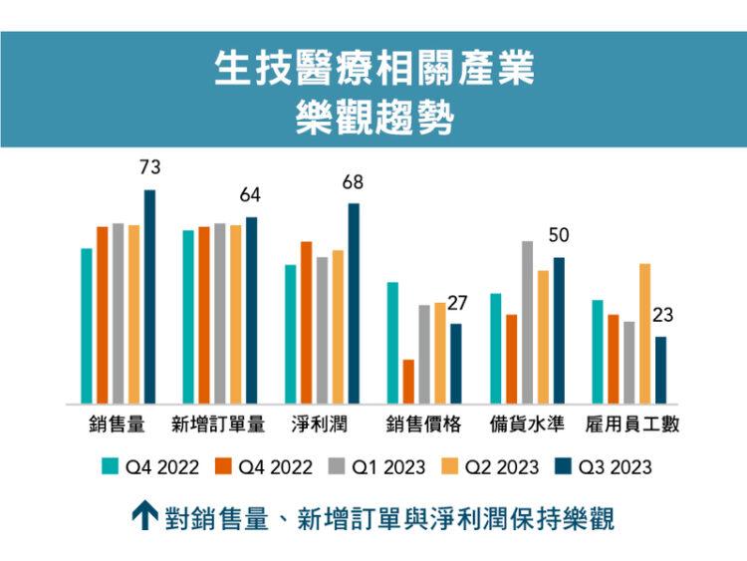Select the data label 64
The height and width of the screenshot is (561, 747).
coord(250,196)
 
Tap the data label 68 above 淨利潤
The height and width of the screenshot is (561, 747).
coord(353,182)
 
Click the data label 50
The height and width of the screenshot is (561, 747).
coord(559,236)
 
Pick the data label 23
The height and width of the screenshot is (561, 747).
coord(662,315)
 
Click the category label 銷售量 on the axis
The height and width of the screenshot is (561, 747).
coord(117,424)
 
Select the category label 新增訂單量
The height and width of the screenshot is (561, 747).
coord(219,424)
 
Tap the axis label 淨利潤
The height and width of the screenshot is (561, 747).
coord(320,424)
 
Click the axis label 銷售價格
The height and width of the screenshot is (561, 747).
coord(424,424)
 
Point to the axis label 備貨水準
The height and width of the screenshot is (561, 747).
coord(527,424)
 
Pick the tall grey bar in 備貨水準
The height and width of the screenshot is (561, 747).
coord(527,322)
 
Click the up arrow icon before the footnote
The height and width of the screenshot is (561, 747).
coord(145,516)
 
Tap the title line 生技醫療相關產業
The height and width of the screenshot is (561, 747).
coord(373,69)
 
